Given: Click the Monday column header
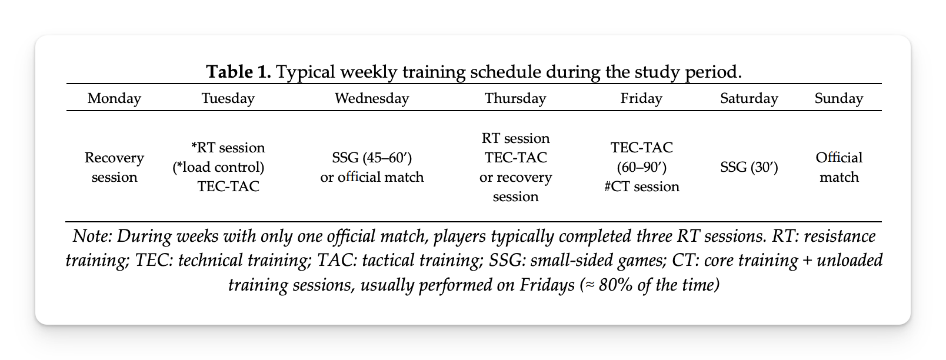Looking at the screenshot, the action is pyautogui.click(x=114, y=98).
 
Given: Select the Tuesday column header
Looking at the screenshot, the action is pyautogui.click(x=228, y=98).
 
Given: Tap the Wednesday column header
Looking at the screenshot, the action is pyautogui.click(x=372, y=98).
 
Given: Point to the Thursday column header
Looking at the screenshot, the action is pyautogui.click(x=515, y=98).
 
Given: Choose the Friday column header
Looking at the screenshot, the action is pyautogui.click(x=641, y=98).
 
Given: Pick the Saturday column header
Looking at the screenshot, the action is pyautogui.click(x=749, y=98).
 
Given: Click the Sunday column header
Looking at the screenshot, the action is pyautogui.click(x=839, y=98).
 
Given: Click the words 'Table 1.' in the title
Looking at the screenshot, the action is pyautogui.click(x=238, y=72).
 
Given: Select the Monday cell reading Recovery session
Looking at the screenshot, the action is pyautogui.click(x=114, y=167).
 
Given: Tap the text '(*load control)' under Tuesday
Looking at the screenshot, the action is pyautogui.click(x=218, y=168).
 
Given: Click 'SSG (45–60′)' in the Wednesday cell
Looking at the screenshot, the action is pyautogui.click(x=372, y=158).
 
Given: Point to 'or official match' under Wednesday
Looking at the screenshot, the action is pyautogui.click(x=372, y=177).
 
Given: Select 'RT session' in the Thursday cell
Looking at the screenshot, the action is pyautogui.click(x=515, y=138).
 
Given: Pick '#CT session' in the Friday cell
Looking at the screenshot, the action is pyautogui.click(x=641, y=186).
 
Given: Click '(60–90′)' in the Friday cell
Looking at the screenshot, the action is pyautogui.click(x=641, y=168).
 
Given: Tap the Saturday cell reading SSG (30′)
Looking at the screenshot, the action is pyautogui.click(x=749, y=167).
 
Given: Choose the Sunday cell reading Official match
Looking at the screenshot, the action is pyautogui.click(x=839, y=167).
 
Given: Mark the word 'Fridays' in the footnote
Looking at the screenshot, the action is pyautogui.click(x=547, y=285).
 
